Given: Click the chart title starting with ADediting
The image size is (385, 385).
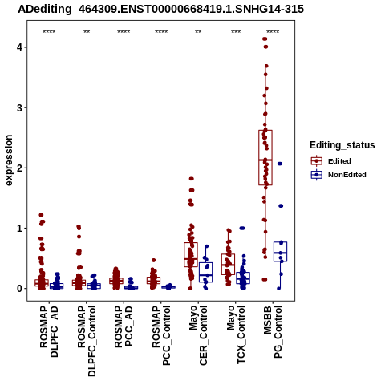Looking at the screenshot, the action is tap(160, 9).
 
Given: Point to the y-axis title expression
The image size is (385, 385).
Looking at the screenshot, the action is tap(9, 160).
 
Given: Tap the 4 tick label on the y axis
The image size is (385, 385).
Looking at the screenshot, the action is tap(19, 47).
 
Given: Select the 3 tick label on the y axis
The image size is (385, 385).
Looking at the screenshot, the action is tap(19, 107).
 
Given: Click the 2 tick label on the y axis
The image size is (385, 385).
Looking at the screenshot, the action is tap(19, 168).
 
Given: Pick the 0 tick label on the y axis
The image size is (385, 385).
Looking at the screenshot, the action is tap(19, 289).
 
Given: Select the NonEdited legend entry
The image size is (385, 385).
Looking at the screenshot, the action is tap(338, 175).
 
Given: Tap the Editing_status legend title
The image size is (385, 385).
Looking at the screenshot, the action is tap(342, 145).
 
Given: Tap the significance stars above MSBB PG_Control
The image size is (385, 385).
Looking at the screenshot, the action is tap(273, 32).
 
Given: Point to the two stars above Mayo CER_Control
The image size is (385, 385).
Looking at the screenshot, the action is tap(198, 32).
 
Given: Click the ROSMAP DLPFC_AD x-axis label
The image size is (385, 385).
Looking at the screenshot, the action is tap(49, 331).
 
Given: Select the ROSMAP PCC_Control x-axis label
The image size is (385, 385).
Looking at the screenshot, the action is tap(161, 335).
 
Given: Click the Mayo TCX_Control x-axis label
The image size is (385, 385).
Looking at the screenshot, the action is tap(236, 334).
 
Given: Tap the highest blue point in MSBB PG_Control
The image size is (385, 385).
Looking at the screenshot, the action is tap(280, 164).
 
